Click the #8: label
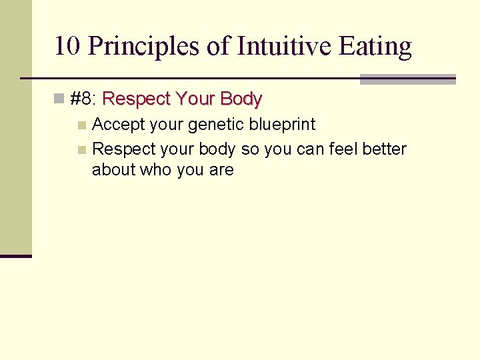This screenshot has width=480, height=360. [83, 99]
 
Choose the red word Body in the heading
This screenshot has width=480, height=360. [241, 99]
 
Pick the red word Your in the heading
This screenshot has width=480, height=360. [194, 99]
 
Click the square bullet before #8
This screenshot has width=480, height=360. [59, 100]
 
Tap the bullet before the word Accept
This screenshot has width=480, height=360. [81, 125]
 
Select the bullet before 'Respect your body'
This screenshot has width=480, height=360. [81, 149]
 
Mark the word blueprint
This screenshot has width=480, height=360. [285, 125]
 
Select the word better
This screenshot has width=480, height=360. [385, 149]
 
